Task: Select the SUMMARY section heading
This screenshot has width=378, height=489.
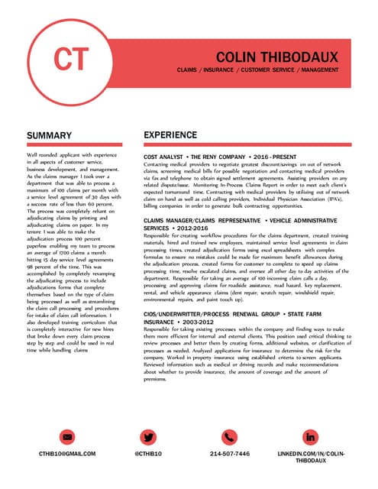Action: point(49,135)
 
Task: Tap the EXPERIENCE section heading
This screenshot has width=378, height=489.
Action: point(176,135)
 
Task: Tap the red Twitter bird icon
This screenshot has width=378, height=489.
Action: point(150,437)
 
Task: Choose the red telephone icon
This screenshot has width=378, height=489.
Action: point(230,437)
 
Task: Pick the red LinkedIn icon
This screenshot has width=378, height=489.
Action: point(310,437)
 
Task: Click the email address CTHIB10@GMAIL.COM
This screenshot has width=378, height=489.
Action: point(69,454)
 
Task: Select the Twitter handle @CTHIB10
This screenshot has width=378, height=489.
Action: point(150,454)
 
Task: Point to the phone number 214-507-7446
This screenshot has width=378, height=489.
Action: point(230,454)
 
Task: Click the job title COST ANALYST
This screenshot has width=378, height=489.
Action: point(165,157)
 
